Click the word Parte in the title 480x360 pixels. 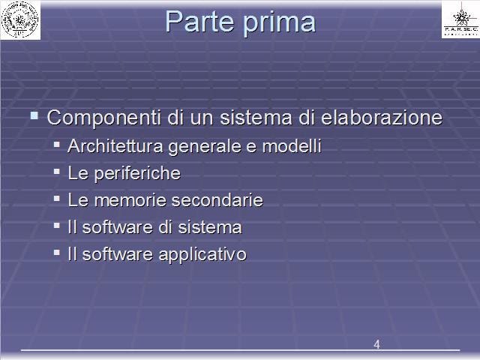199,22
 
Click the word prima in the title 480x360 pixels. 279,23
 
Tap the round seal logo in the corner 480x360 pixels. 20,19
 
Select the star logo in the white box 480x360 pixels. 461,18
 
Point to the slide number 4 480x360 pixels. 376,344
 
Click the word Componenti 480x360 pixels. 103,118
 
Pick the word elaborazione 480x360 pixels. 382,117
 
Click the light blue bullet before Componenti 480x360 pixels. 34,115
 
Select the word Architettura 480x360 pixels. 115,145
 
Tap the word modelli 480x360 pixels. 292,145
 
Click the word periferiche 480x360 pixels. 137,173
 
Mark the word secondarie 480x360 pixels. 217,200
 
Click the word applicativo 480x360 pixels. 202,255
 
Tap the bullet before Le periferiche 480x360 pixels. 57,172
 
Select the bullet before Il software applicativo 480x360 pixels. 57,253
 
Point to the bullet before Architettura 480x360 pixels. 57,145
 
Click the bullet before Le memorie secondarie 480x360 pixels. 57,199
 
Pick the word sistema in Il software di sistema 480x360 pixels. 210,227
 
